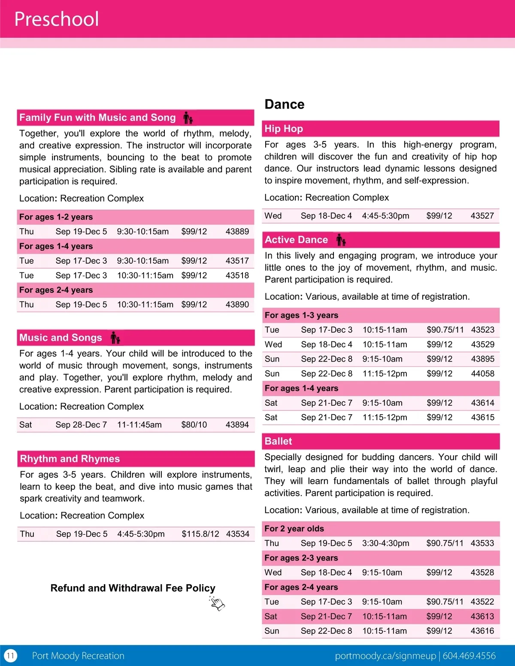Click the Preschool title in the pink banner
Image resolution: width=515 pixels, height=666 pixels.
pos(57,19)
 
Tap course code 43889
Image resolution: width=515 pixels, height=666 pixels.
pos(237,232)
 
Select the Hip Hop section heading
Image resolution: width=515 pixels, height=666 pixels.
pos(284,129)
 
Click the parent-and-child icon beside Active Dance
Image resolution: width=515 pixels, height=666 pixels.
pos(341,240)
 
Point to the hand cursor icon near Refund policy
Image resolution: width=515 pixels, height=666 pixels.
pos(217,603)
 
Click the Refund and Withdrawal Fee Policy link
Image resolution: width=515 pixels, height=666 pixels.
pos(133,588)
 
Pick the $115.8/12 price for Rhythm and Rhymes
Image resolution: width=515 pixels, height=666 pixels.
pos(200,534)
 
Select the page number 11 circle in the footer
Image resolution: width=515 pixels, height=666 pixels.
pos(10,656)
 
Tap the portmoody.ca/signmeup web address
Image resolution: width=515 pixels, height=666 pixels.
pos(385,656)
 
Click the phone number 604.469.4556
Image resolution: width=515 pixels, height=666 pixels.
pos(469,656)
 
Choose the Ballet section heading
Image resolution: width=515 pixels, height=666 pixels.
pos(278,441)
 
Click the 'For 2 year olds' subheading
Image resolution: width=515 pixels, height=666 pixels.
pos(294,529)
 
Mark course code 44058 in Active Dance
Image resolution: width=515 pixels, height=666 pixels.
pos(482,374)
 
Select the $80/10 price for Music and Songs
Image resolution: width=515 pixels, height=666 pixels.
pos(194,425)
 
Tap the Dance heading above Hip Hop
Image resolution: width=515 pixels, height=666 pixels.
pos(284,104)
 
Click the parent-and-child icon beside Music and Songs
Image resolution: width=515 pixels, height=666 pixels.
pos(115,338)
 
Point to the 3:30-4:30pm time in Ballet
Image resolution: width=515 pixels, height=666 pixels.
pos(385,543)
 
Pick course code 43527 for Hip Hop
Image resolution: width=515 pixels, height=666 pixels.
pos(482,216)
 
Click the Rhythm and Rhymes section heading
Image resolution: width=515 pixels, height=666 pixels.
pos(70,459)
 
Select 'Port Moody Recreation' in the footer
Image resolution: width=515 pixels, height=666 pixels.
pos(78,656)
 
